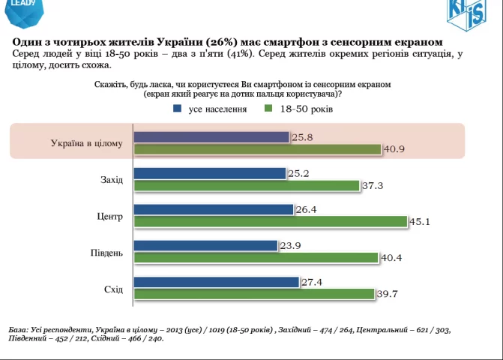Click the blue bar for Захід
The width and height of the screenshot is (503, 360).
tap(210, 174)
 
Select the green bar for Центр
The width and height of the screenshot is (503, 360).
tap(271, 222)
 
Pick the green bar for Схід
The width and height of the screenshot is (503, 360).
tap(253, 294)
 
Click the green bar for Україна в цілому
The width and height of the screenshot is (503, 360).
tap(257, 150)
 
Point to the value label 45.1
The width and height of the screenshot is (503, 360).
tap(419, 221)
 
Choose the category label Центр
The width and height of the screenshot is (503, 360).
tap(110, 217)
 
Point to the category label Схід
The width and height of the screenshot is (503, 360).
tap(113, 289)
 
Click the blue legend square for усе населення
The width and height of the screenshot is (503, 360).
tap(178, 109)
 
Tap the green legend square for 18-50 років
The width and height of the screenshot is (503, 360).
tap(268, 109)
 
